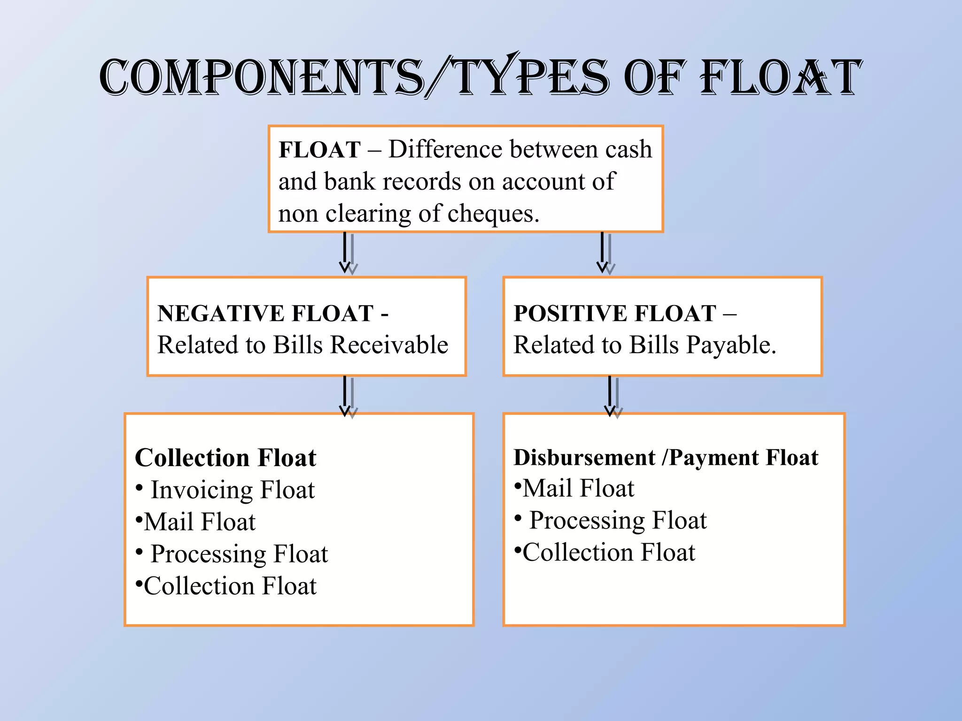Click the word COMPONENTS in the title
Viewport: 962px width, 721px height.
pos(261,77)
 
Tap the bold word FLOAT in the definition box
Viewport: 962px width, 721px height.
pos(319,150)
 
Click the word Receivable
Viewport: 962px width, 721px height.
pos(389,345)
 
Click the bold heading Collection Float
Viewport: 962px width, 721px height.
pos(225,458)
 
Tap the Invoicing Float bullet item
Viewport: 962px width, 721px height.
pos(233,490)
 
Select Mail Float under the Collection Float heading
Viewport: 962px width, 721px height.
pos(200,522)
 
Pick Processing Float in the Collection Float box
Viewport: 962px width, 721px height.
pos(239,554)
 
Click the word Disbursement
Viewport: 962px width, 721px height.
pos(584,458)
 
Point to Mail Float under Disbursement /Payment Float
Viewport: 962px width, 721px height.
pos(578,488)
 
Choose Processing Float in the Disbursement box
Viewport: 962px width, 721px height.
pos(618,520)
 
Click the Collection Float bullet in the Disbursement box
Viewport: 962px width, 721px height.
pos(609,552)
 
